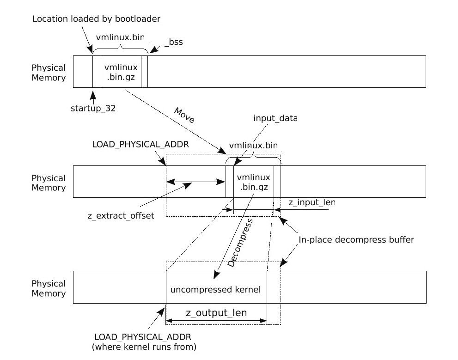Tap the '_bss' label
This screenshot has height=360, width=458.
pyautogui.click(x=173, y=42)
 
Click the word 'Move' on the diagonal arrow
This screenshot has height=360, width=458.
pyautogui.click(x=184, y=116)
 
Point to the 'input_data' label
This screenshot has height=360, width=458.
pyautogui.click(x=275, y=118)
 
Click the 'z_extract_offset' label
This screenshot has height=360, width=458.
pyautogui.click(x=120, y=216)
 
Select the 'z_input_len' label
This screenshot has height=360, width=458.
pyautogui.click(x=312, y=202)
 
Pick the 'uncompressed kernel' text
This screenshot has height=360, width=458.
pyautogui.click(x=215, y=290)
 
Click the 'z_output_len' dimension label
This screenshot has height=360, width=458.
pyautogui.click(x=216, y=313)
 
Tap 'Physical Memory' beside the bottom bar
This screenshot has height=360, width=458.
pyautogui.click(x=49, y=288)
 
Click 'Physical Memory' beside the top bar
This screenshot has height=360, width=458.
pyautogui.click(x=49, y=73)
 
